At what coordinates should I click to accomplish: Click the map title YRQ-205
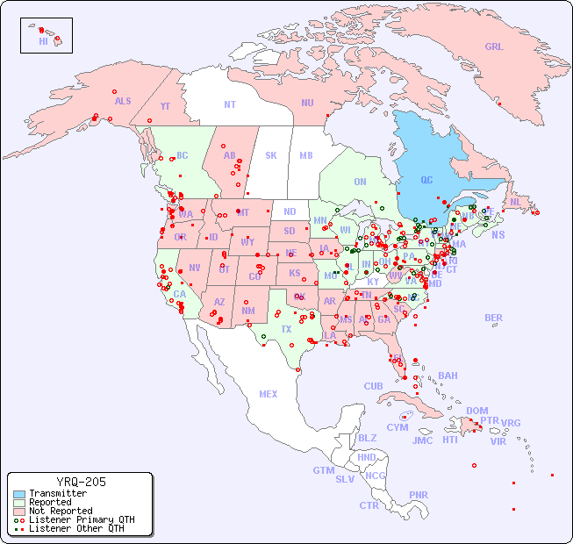coord(81,482)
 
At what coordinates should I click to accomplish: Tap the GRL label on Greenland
coord(494,47)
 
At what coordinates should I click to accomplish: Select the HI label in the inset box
coord(43,40)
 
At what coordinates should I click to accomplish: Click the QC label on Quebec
coord(426,180)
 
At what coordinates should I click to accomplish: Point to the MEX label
coord(269,394)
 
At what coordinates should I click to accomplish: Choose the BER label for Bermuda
coord(494,318)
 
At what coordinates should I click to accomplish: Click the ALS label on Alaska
coord(123,101)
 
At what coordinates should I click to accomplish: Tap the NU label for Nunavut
coord(307,103)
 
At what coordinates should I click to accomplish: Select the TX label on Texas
coord(286,329)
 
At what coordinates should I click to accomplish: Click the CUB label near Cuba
coord(374,386)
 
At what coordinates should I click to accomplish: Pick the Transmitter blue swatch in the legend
coord(19,494)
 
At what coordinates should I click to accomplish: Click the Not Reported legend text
coord(61,511)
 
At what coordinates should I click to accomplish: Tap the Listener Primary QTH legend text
coord(75,519)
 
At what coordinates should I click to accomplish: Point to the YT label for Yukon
coord(165,106)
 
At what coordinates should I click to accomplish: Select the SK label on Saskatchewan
coord(271,155)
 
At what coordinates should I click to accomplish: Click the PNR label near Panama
coord(419,495)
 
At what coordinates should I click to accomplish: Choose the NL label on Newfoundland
coord(515,202)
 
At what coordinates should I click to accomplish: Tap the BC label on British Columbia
coord(183,155)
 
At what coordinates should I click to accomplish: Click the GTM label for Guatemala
coord(323,470)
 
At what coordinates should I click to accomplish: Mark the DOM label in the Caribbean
coord(476,411)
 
